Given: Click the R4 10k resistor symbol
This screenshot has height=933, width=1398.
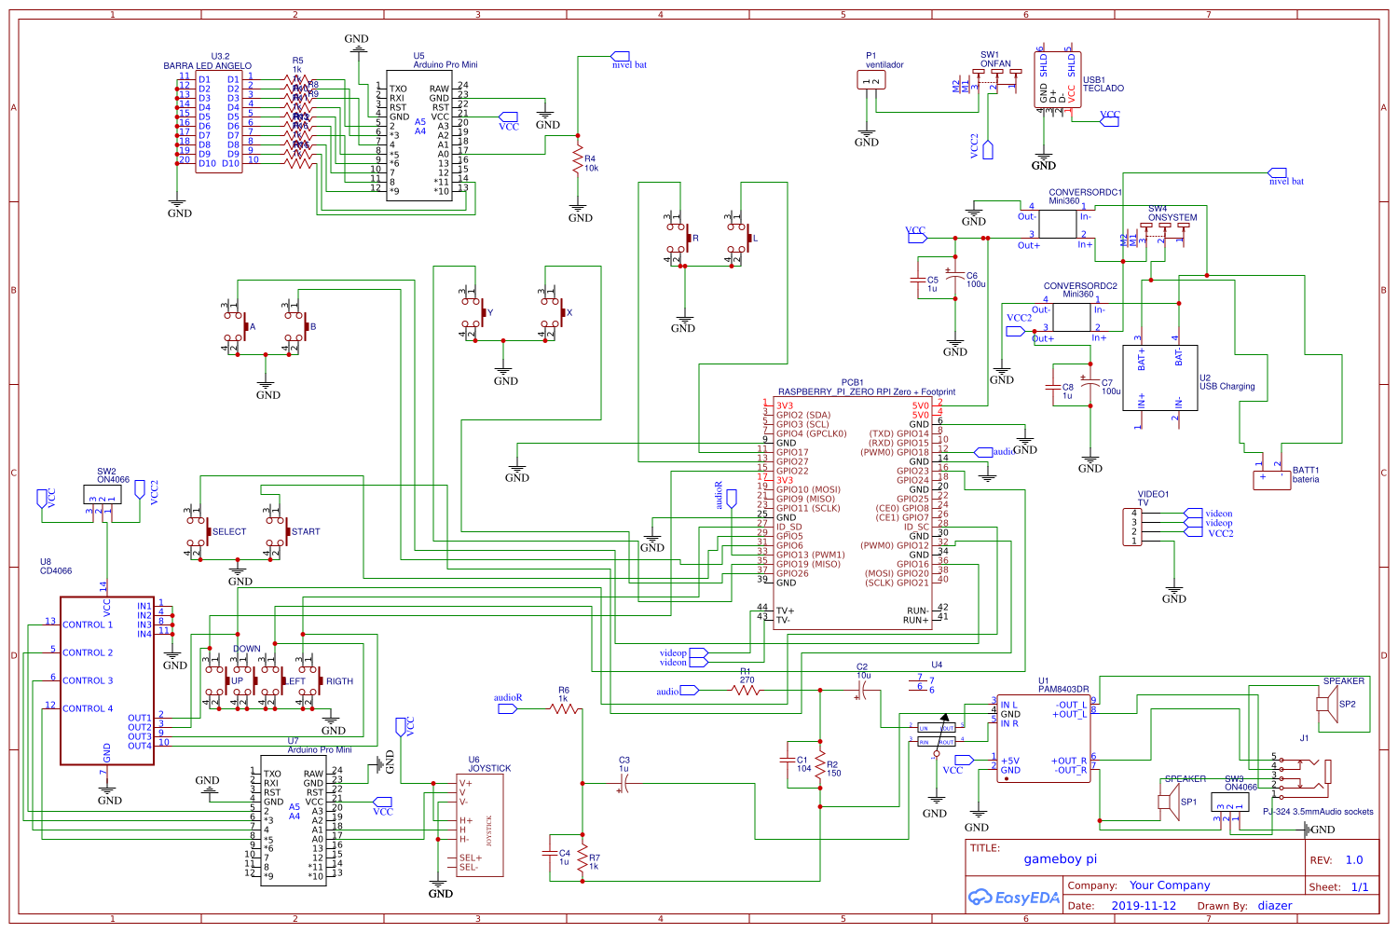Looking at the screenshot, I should click(578, 159).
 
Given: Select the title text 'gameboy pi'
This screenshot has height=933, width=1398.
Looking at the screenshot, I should click(1060, 859).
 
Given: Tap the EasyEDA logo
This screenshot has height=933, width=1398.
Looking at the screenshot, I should click(1013, 898).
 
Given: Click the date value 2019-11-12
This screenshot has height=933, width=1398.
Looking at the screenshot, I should click(1144, 906).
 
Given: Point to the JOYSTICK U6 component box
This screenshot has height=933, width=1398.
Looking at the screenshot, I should click(480, 825).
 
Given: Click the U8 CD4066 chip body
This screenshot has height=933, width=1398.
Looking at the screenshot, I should click(107, 680).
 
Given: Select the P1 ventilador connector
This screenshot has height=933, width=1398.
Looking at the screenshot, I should click(871, 81).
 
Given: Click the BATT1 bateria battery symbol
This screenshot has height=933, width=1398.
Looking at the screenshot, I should click(1271, 479).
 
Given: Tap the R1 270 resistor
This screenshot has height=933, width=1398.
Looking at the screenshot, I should click(747, 691).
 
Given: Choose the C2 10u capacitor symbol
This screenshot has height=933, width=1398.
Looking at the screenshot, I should click(862, 691).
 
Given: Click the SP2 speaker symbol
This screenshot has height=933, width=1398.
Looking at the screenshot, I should click(1326, 703).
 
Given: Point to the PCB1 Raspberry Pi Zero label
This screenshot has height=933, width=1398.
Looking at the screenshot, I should click(866, 391).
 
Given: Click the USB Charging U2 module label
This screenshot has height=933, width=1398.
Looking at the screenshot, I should click(1227, 386).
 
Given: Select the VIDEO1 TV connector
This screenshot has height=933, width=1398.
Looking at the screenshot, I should click(1134, 527).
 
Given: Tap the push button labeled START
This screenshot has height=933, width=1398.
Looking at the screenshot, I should click(280, 531).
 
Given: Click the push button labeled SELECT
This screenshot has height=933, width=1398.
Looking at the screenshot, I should click(200, 531).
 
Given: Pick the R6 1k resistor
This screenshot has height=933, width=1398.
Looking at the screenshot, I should click(564, 709).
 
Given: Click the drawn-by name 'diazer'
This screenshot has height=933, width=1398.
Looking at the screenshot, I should click(1274, 906).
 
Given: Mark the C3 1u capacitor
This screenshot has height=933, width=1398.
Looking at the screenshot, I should click(623, 785).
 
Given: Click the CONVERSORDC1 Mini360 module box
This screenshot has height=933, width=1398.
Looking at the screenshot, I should click(1058, 224).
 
